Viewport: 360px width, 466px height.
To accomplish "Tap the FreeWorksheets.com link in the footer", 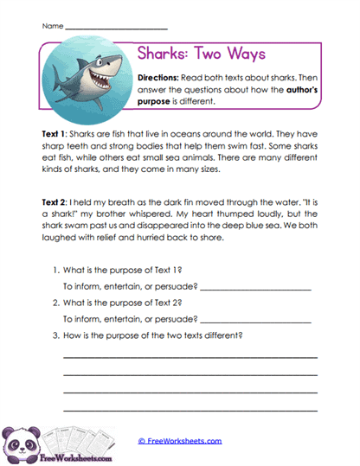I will click(180, 440).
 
